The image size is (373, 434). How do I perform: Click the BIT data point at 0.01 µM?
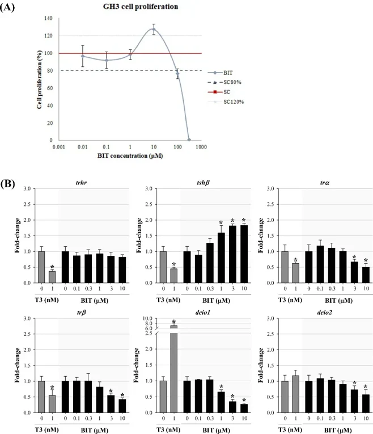tap(83, 56)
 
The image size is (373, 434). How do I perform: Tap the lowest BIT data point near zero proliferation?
tap(189, 139)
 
